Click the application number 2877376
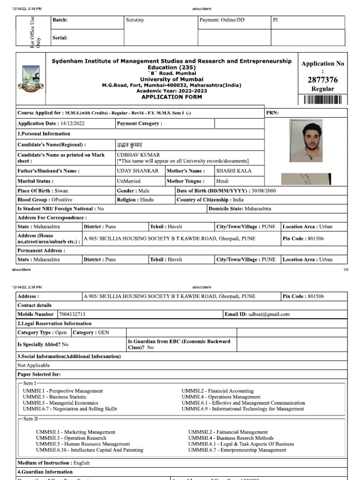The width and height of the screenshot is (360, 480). tap(322, 80)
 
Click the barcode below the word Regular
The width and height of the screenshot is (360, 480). tap(322, 99)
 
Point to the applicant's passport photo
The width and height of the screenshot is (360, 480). tap(306, 141)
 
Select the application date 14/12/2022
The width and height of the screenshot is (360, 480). tap(72, 124)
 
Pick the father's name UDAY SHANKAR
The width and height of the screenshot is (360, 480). tap(138, 171)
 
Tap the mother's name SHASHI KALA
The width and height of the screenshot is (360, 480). tap(233, 171)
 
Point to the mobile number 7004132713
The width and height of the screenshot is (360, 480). tap(72, 315)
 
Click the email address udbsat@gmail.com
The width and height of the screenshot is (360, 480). tap(269, 315)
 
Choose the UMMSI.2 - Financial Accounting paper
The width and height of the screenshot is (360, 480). tap(217, 391)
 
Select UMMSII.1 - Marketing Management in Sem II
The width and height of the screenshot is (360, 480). tap(75, 432)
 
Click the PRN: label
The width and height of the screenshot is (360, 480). tap(273, 113)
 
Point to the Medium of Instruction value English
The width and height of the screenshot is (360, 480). tap(82, 463)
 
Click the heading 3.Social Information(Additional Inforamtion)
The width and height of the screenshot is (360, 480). tap(69, 357)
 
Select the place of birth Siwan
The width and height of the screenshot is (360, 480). tap(61, 191)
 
